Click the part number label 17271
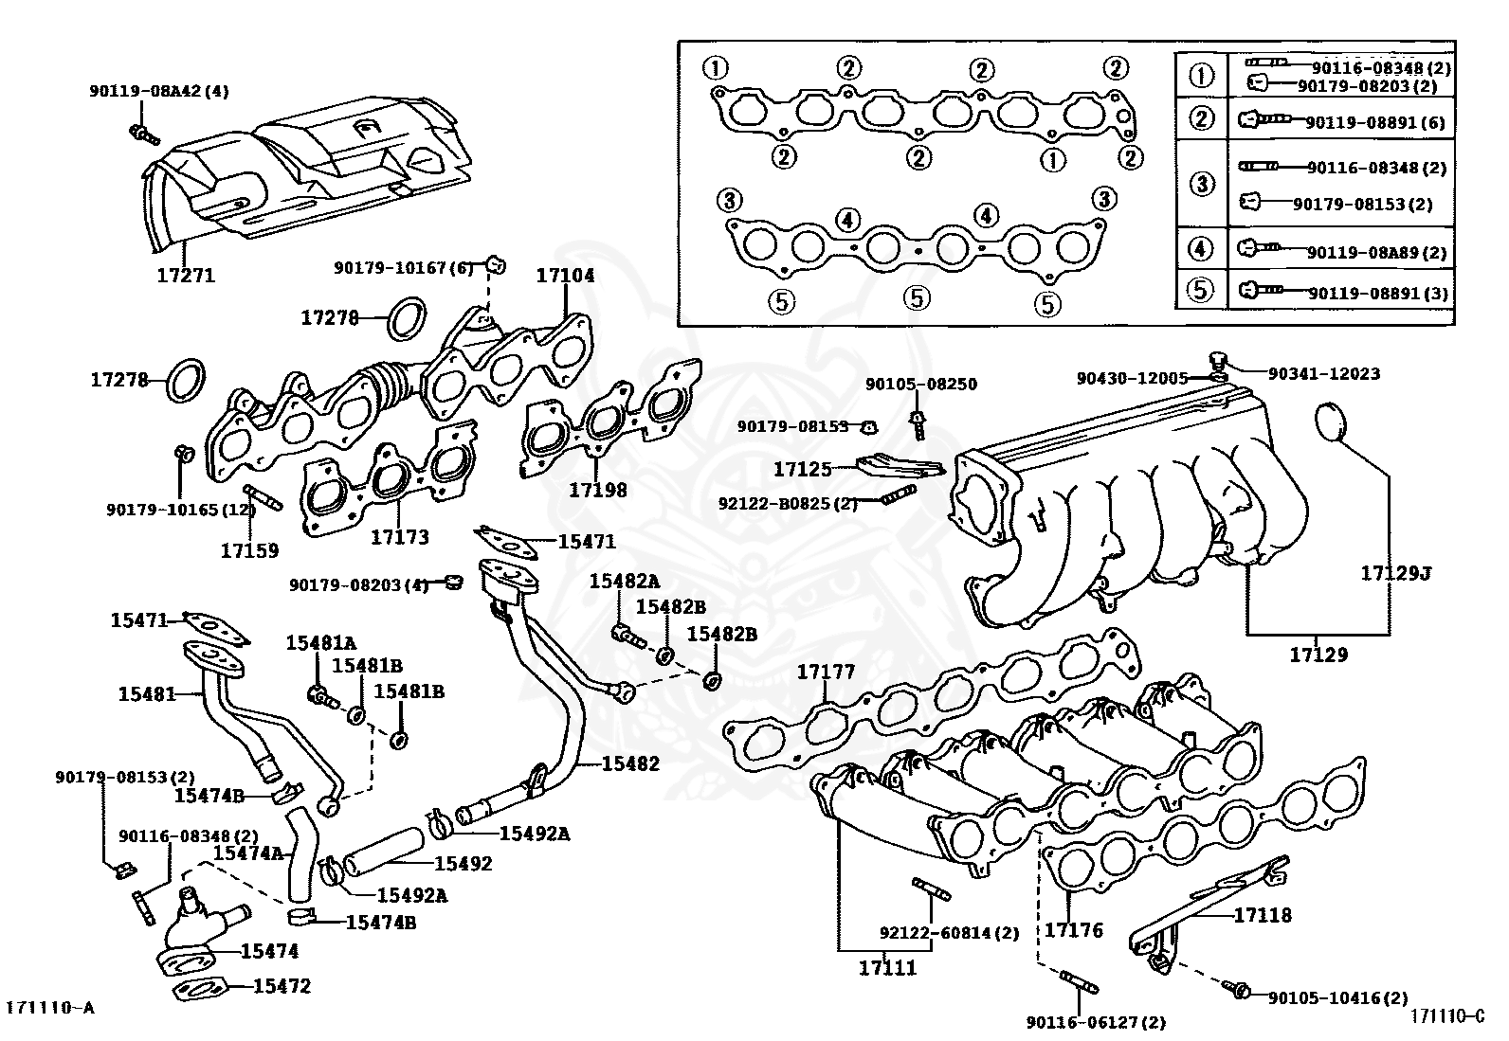pyautogui.click(x=186, y=276)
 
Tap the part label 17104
pyautogui.click(x=565, y=276)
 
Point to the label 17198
pyautogui.click(x=597, y=490)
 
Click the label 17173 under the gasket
pyautogui.click(x=399, y=537)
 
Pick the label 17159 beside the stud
pyautogui.click(x=249, y=549)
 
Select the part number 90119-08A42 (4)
pyautogui.click(x=159, y=92)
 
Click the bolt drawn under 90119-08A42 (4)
pyautogui.click(x=143, y=135)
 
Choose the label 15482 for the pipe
pyautogui.click(x=630, y=763)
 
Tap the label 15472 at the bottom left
pyautogui.click(x=282, y=986)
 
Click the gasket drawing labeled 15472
pyautogui.click(x=200, y=991)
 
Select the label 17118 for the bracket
pyautogui.click(x=1262, y=915)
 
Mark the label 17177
pyautogui.click(x=825, y=672)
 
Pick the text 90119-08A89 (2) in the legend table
pyautogui.click(x=1376, y=252)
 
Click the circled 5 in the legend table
pyautogui.click(x=1201, y=289)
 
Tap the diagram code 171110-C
pyautogui.click(x=1446, y=1015)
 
